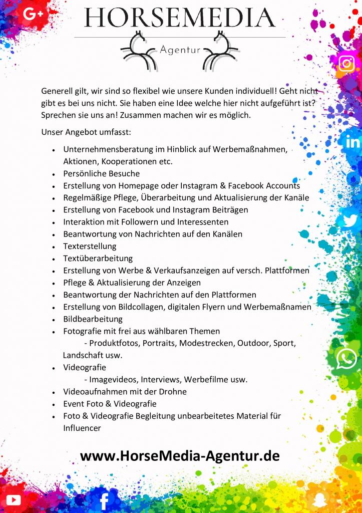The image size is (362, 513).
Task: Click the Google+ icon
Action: (x=33, y=15)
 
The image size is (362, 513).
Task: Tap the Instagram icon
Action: (x=346, y=63)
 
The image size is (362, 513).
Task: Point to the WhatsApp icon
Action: (x=346, y=359)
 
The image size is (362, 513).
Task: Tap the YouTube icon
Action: (x=14, y=499)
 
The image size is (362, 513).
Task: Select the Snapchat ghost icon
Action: (x=319, y=499)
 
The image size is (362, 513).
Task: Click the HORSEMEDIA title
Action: (x=180, y=18)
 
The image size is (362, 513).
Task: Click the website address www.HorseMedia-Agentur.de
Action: (x=180, y=455)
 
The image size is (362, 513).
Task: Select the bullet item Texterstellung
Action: (x=90, y=246)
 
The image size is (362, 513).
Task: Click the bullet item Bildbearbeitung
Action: (x=93, y=319)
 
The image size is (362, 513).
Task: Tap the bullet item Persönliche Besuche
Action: (x=101, y=174)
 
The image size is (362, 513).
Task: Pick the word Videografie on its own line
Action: (x=84, y=368)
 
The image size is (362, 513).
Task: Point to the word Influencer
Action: (x=82, y=428)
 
